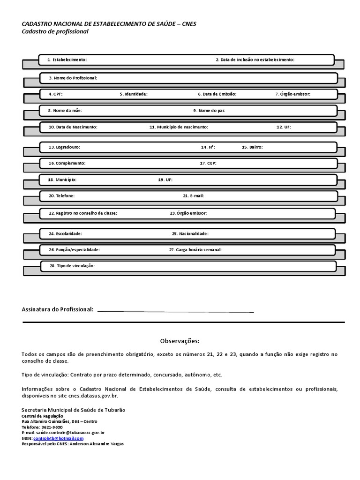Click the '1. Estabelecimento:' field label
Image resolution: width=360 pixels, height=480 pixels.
[x=67, y=60]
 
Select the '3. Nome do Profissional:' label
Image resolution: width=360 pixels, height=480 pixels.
[x=73, y=78]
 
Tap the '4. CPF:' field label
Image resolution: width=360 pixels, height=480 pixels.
[x=55, y=94]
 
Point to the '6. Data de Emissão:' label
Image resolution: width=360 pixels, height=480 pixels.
[x=217, y=94]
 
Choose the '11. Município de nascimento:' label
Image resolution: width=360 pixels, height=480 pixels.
[x=179, y=127]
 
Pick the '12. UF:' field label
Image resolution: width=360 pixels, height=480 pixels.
[x=284, y=127]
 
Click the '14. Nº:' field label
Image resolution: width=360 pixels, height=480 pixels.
[x=208, y=147]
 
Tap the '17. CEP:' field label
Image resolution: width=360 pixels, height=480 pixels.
[x=208, y=164]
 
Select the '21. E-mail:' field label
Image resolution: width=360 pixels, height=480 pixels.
[x=193, y=195]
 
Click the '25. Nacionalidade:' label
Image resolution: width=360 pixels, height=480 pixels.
[x=190, y=233]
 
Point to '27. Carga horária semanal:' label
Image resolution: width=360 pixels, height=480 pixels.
[x=195, y=250]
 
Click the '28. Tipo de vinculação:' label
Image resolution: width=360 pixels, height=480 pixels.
[x=73, y=266]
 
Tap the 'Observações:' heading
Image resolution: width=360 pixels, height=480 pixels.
[x=180, y=341]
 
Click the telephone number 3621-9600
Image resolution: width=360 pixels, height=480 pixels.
[x=52, y=427]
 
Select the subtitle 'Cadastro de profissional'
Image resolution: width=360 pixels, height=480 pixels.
[x=55, y=31]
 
